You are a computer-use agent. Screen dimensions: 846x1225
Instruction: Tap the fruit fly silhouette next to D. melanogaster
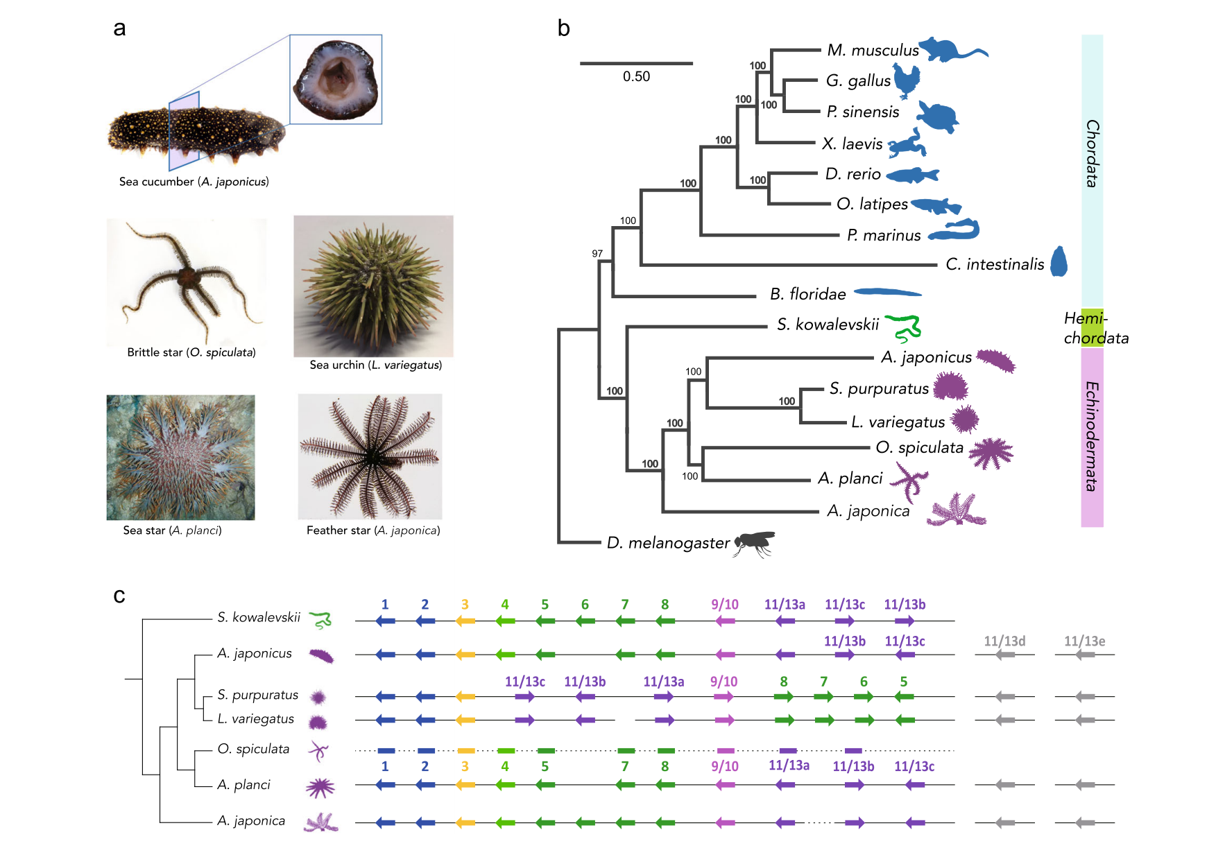pos(754,543)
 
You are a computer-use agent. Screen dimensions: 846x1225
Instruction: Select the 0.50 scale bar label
pos(636,76)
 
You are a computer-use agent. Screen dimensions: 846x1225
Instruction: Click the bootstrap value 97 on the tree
pos(597,253)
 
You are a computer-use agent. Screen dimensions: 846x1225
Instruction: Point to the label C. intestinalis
pos(995,264)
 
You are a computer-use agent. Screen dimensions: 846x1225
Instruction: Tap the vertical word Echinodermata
pos(1092,436)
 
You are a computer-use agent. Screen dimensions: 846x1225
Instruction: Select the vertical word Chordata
pos(1092,153)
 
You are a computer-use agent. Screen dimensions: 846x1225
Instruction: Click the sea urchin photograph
pos(373,286)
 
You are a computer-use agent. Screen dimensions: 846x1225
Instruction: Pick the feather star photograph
pos(370,456)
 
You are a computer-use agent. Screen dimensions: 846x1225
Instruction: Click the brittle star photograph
pos(186,282)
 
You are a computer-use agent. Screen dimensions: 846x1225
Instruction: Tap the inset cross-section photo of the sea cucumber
pos(336,79)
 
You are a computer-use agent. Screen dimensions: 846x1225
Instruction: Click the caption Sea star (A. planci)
pos(172,530)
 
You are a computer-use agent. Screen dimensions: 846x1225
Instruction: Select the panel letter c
pos(119,596)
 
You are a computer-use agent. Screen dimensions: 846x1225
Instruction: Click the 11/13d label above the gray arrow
pos(1004,641)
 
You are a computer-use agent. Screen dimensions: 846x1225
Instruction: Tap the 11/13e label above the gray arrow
pos(1085,641)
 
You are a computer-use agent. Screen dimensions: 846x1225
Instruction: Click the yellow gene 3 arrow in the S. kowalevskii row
pos(465,621)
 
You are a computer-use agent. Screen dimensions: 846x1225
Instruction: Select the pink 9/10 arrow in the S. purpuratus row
pos(724,696)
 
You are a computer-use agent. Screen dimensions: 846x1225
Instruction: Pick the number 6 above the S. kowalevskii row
pos(585,605)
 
